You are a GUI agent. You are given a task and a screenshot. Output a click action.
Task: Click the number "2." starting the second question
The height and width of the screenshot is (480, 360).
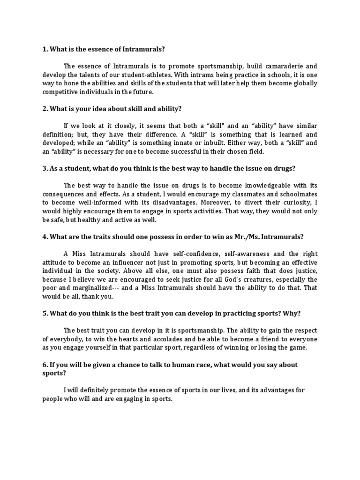coord(45,109)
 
